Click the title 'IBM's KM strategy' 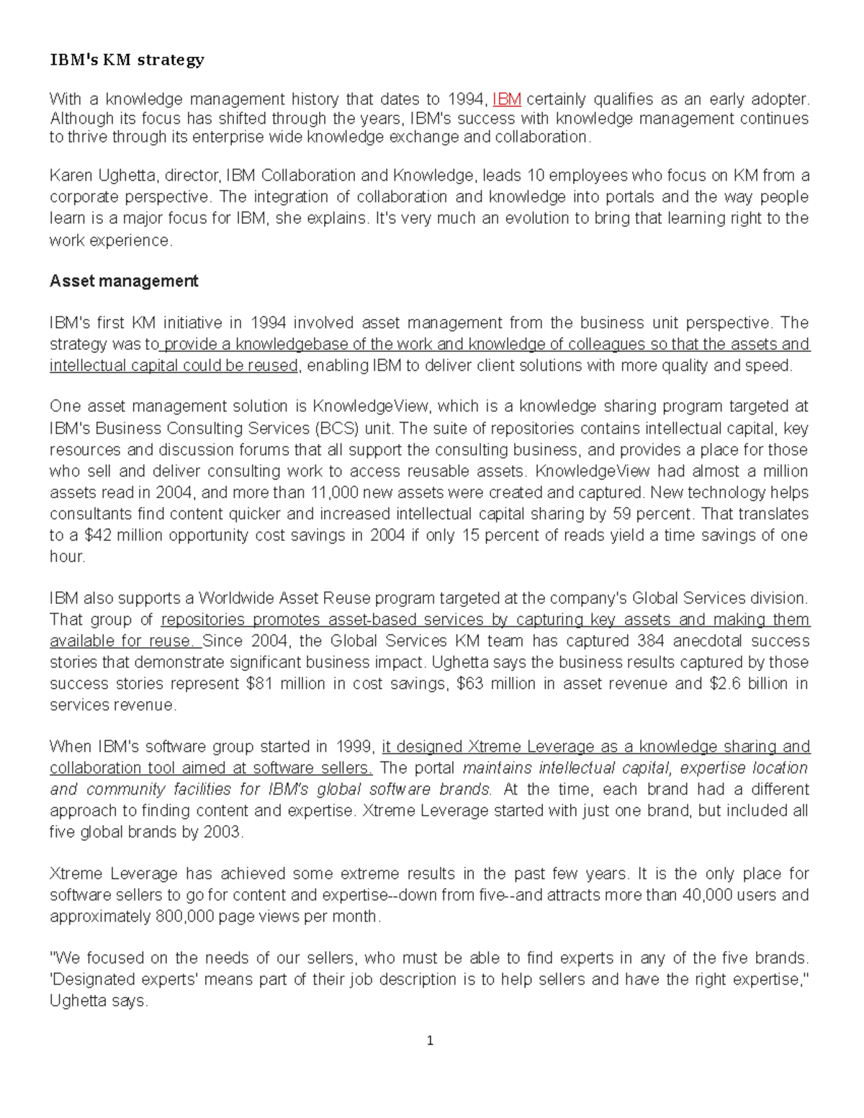point(127,60)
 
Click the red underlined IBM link point(507,99)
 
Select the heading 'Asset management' point(123,281)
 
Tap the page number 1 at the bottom point(430,1041)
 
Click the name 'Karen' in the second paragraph point(71,176)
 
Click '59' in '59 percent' point(621,514)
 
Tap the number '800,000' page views point(184,917)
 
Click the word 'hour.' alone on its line point(67,556)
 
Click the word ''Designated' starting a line point(90,980)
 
